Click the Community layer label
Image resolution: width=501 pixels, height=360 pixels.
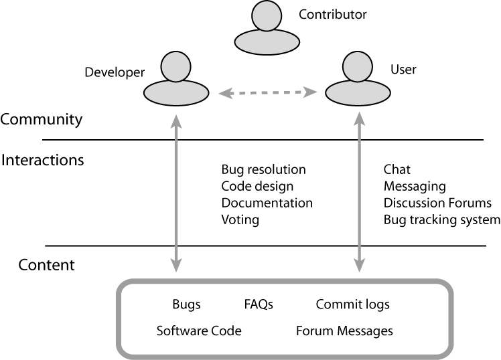pos(42,120)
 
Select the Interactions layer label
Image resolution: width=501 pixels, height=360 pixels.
pos(43,161)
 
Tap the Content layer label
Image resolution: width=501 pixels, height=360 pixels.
pos(46,265)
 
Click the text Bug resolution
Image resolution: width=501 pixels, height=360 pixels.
pos(263,170)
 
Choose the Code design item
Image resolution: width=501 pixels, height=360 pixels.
pos(257,187)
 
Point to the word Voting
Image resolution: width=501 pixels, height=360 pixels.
pos(240,219)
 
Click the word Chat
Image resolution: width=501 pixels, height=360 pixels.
pos(397,170)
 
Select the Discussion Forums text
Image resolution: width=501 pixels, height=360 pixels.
pos(437,203)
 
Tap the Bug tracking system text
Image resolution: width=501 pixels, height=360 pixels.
pos(441,219)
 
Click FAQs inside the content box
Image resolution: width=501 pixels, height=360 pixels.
pos(259,304)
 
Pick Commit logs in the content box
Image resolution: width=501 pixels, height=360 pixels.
pos(352,304)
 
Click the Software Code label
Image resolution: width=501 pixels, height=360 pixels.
pos(199,331)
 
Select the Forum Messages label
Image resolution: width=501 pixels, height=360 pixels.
pos(344,331)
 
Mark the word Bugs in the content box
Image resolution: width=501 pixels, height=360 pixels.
pos(186,304)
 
